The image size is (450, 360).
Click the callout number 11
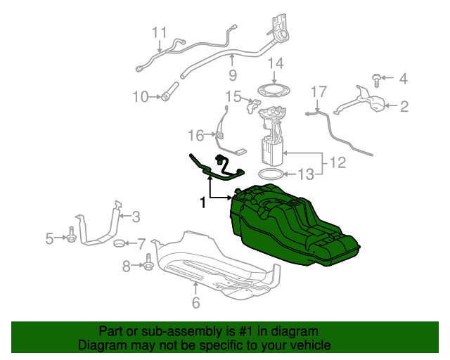160,32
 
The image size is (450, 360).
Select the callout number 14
275,64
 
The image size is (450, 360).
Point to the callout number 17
319,91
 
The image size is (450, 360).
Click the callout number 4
404,79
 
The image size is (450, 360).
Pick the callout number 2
404,107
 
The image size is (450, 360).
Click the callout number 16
195,135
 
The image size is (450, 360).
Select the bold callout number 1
202,202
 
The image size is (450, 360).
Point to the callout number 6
195,303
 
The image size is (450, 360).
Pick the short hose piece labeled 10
169,93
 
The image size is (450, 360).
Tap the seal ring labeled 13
271,174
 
